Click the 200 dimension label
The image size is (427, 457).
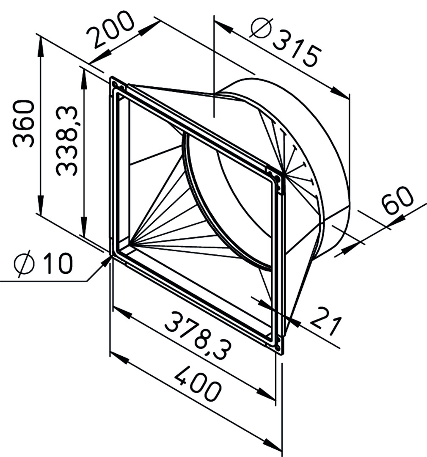click(110, 30)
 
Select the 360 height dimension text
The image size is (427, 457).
click(24, 124)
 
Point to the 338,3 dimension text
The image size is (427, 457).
click(66, 141)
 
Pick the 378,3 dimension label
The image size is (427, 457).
click(198, 335)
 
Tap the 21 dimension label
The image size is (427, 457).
click(325, 321)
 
